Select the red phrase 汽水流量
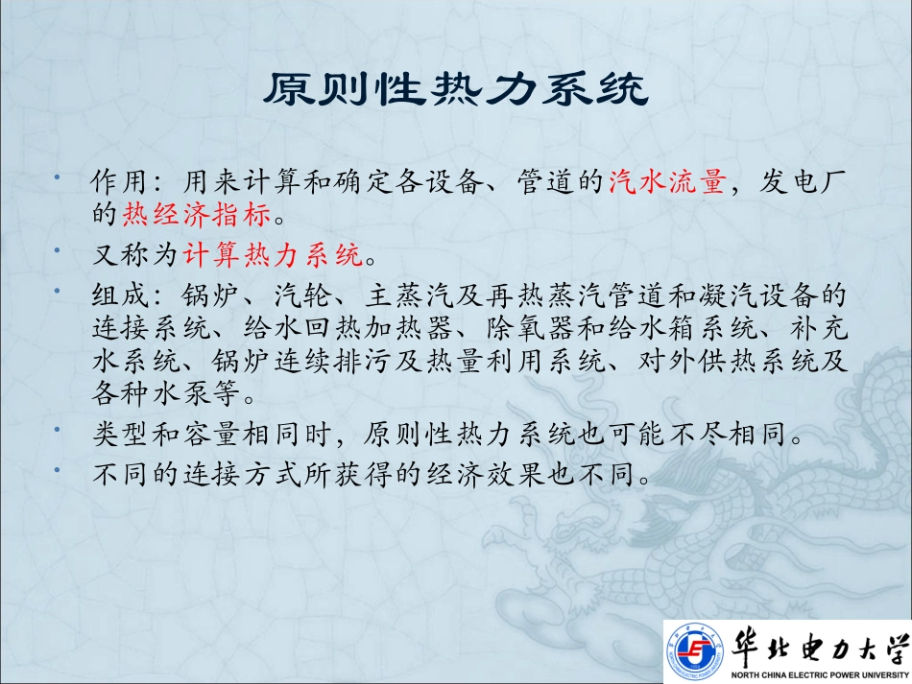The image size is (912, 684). (665, 180)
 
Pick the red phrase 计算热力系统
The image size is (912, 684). (274, 255)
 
